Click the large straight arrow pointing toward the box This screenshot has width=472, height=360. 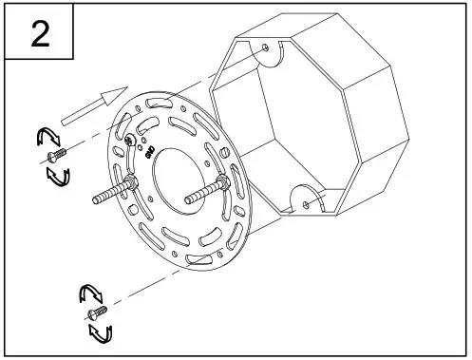92,104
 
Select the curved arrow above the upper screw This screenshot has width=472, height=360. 45,138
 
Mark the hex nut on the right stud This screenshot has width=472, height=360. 222,184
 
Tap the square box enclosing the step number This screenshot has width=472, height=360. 41,34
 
